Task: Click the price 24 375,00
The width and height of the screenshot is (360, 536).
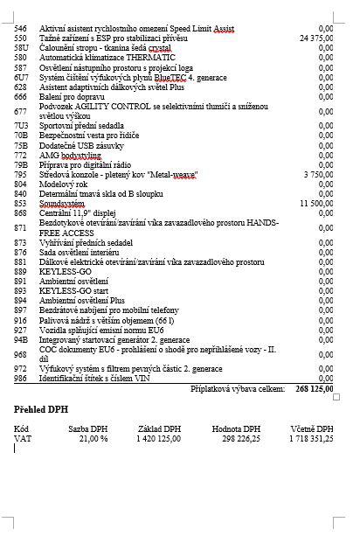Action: pyautogui.click(x=315, y=38)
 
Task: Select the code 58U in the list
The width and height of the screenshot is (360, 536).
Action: pyautogui.click(x=21, y=47)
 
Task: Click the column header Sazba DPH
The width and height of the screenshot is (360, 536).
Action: pyautogui.click(x=88, y=428)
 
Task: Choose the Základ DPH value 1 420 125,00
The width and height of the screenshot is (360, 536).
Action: pyautogui.click(x=160, y=438)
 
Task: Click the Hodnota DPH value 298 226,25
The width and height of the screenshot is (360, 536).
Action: pyautogui.click(x=238, y=438)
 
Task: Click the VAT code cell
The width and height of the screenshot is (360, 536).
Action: pyautogui.click(x=23, y=438)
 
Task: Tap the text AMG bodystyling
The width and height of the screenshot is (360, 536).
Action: pyautogui.click(x=70, y=155)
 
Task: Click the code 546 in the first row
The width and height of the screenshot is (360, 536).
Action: pyautogui.click(x=21, y=29)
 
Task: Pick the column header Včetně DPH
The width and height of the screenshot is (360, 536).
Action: pyautogui.click(x=312, y=428)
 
